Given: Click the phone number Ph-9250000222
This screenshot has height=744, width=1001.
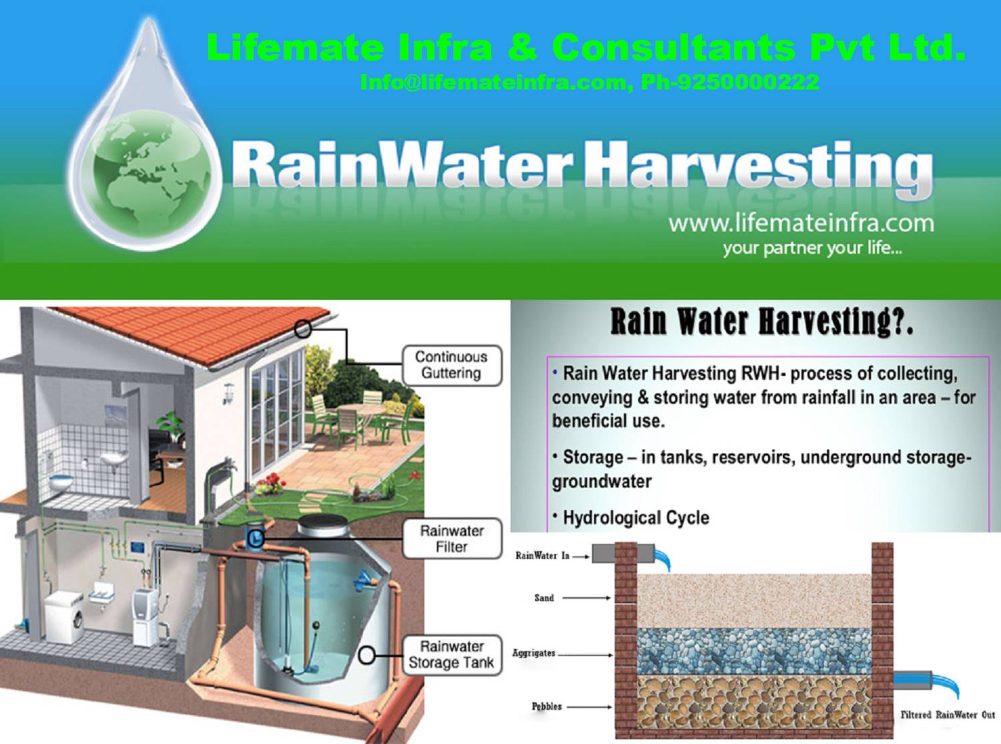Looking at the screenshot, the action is (730, 81).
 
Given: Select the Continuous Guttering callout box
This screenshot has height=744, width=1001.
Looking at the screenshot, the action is (452, 365).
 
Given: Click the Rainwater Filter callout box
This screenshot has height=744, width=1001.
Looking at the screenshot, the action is (452, 538).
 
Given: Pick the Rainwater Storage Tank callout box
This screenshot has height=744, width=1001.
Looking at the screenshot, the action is (452, 655).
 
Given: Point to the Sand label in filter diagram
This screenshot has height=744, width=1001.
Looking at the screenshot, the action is (544, 598).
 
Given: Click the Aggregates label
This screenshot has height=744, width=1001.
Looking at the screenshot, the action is (533, 653).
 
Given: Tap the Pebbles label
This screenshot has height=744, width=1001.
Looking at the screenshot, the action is (547, 707).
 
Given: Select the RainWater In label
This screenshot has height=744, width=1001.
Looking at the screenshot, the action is (543, 556).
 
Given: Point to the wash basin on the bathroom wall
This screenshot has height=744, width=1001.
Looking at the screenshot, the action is (112, 459).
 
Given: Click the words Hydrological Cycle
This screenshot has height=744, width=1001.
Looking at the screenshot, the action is (636, 518).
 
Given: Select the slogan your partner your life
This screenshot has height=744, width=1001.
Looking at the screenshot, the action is (812, 248).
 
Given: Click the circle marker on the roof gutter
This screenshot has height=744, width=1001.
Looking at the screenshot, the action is (303, 329).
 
